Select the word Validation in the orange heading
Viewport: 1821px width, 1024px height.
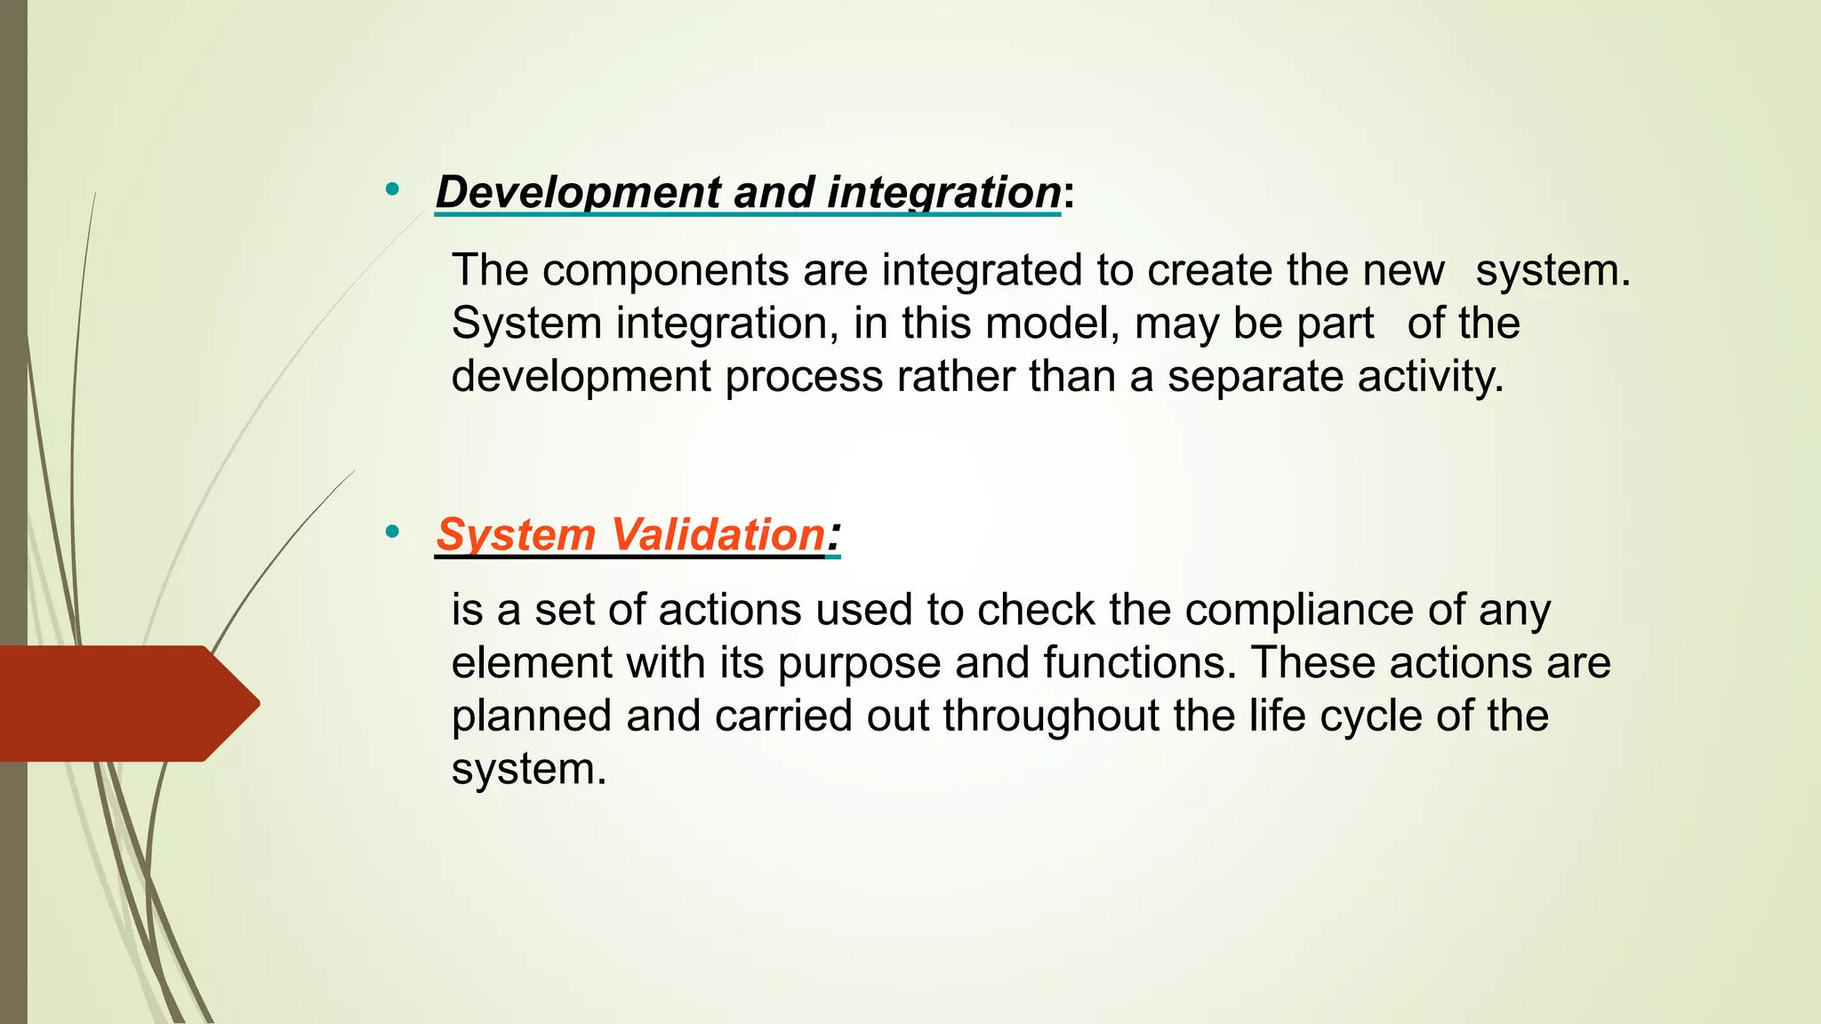[718, 534]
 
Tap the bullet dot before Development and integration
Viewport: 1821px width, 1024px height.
[392, 189]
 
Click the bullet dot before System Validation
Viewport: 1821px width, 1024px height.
[392, 532]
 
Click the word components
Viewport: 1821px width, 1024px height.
[665, 270]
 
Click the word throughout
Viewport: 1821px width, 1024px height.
[1051, 716]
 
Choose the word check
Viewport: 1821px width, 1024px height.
[1036, 611]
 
